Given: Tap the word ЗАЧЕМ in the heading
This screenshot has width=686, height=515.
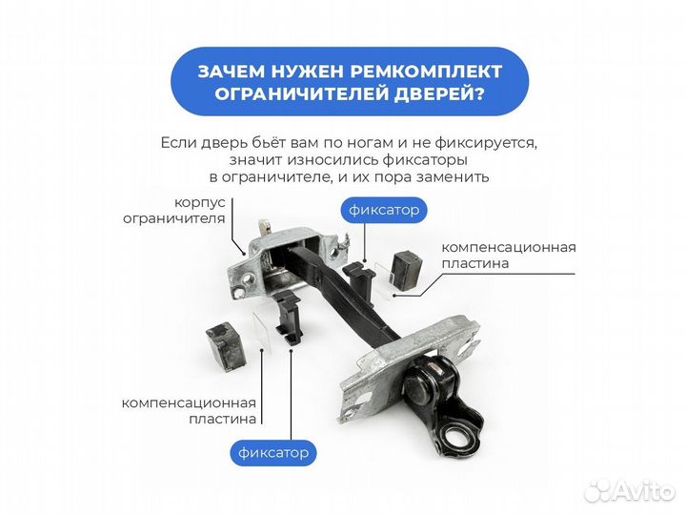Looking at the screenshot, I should tap(232, 72).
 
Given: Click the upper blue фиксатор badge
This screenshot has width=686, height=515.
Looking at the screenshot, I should tap(382, 209).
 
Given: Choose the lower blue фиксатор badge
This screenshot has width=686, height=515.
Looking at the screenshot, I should tap(272, 452).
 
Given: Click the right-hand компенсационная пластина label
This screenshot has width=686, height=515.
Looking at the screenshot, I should tap(508, 255).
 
